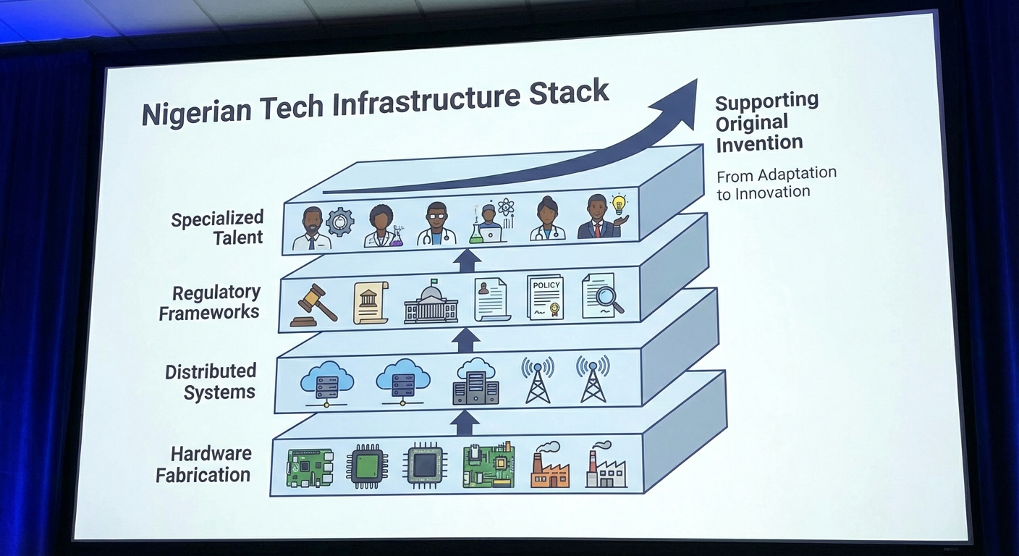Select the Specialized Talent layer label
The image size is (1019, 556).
217,227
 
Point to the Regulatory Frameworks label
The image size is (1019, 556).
209,303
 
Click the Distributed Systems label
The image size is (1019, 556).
210,382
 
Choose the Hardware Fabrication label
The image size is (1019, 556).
203,465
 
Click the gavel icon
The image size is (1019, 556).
313,306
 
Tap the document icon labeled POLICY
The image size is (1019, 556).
546,297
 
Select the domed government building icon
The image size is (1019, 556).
431,302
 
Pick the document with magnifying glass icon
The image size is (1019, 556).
601,295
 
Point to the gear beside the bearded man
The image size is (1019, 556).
339,222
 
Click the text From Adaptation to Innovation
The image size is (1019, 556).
775,183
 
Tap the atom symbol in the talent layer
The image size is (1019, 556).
505,207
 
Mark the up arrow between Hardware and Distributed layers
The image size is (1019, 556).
465,422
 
